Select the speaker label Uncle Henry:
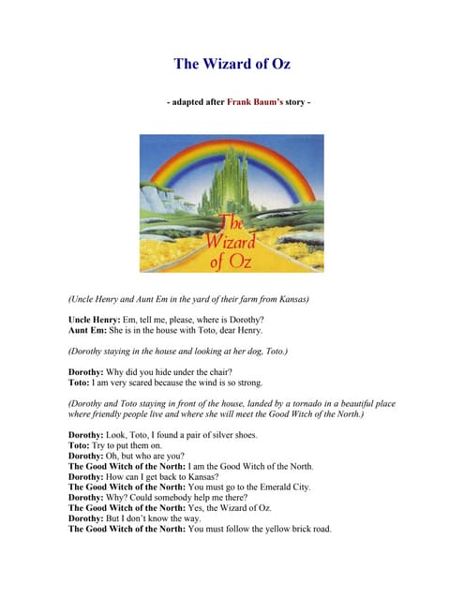[x=97, y=320]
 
